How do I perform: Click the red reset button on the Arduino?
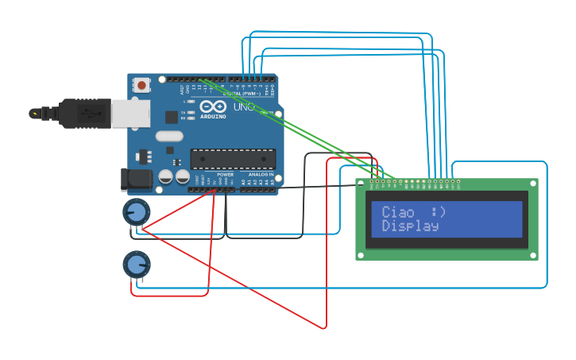tap(141, 84)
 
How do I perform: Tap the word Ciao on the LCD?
tap(398, 212)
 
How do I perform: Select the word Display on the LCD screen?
tap(410, 226)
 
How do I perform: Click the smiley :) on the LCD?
tap(438, 212)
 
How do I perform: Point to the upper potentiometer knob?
tap(137, 212)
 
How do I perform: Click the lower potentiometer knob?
tap(137, 265)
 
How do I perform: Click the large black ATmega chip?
tap(233, 159)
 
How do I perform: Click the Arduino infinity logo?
tap(212, 106)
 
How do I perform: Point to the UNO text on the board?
tap(242, 106)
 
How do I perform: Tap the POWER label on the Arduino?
tap(225, 174)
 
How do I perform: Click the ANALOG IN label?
tap(261, 174)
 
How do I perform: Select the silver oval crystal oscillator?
tap(169, 136)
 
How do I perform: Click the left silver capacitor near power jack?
tap(166, 176)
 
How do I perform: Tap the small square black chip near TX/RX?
tap(172, 117)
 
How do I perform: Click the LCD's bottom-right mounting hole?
tap(532, 254)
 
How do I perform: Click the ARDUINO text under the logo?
tap(212, 116)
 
